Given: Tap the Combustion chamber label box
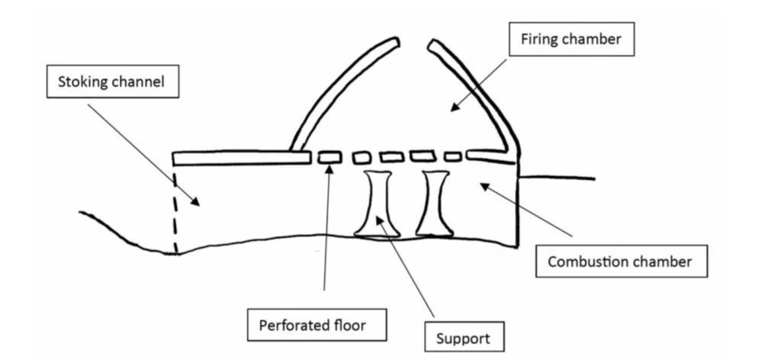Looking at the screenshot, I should point(620,262).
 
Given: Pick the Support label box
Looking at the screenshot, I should point(455,336).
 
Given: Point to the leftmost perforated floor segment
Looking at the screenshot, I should point(329,157).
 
